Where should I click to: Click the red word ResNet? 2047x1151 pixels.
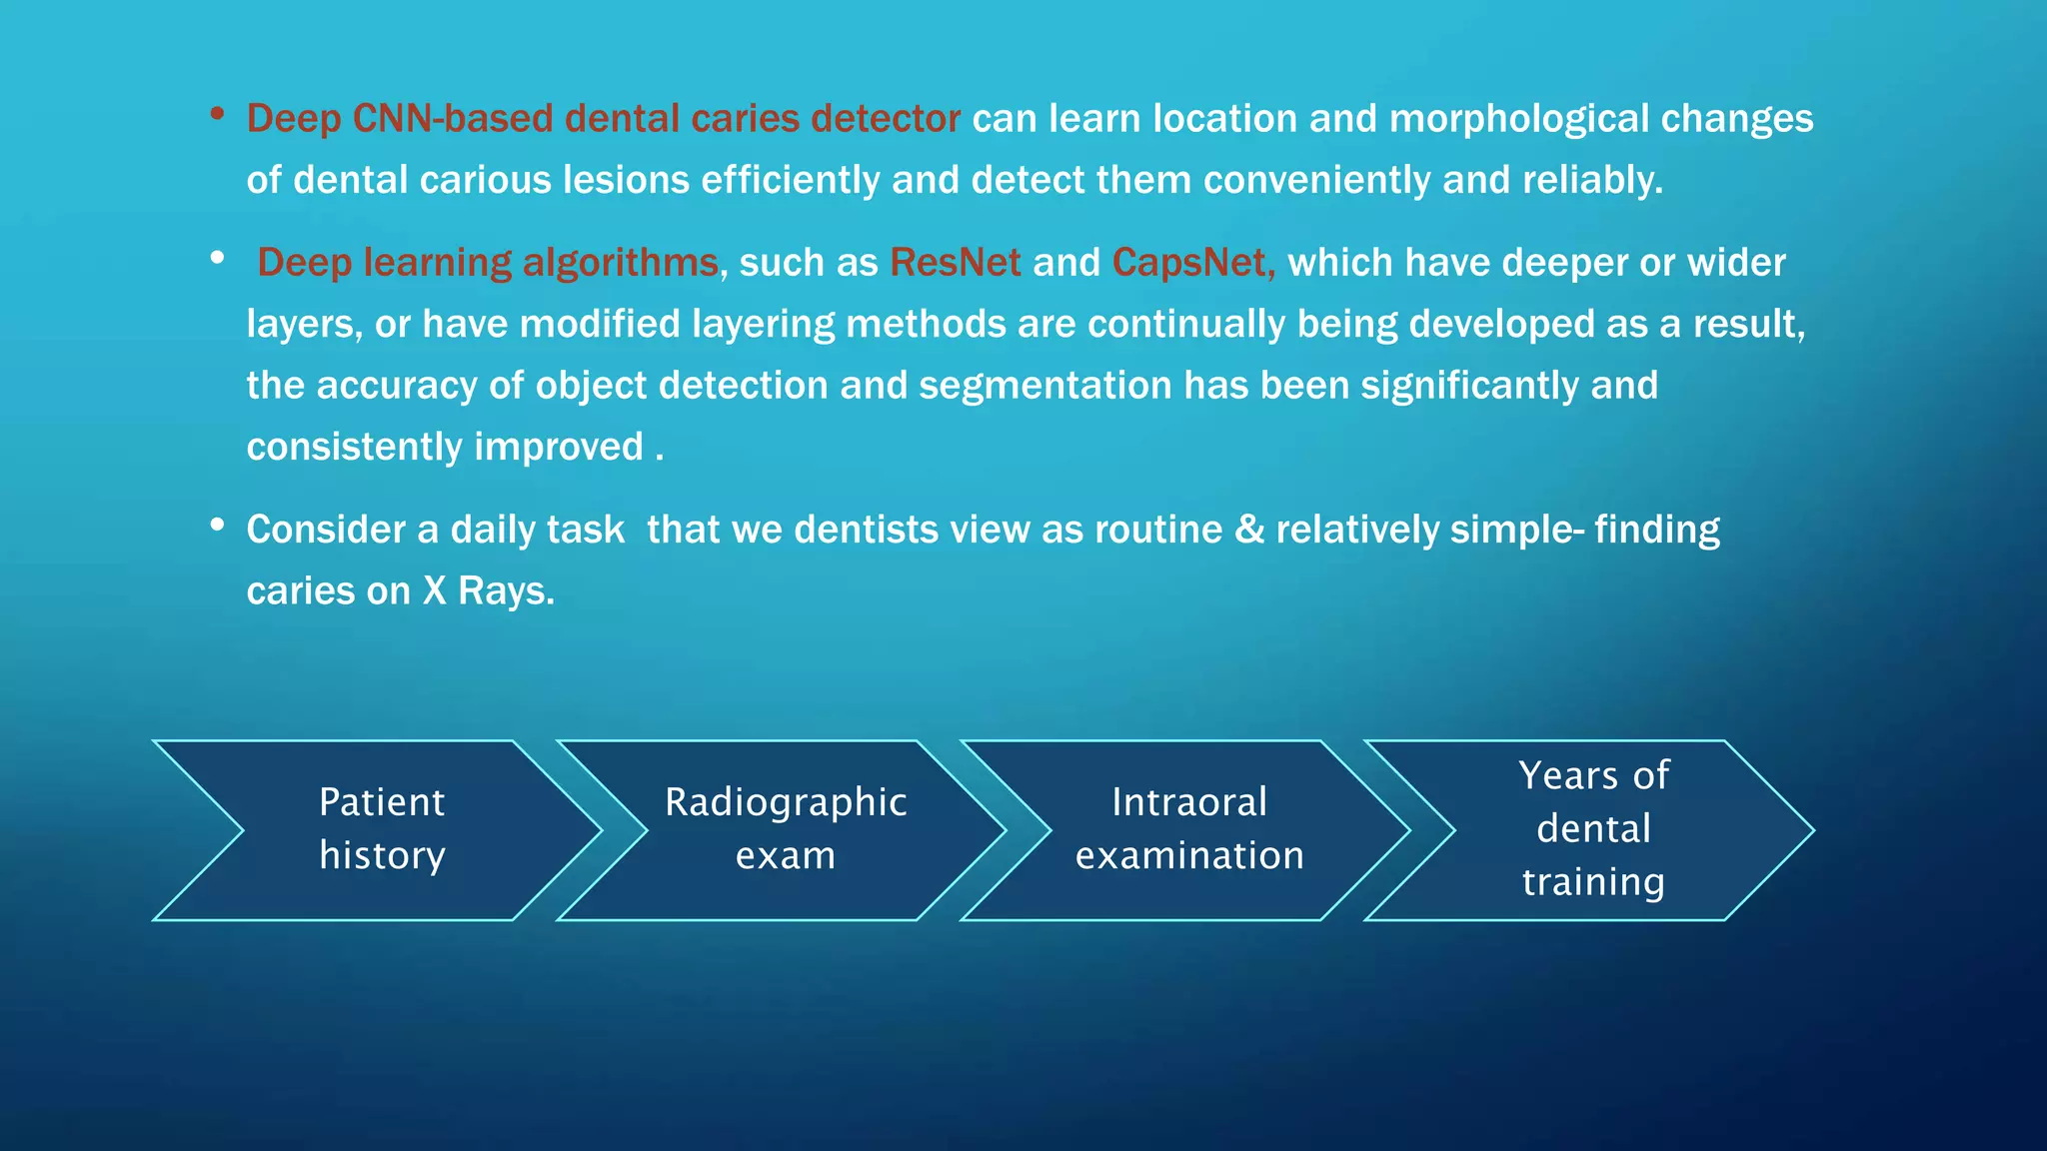[955, 263]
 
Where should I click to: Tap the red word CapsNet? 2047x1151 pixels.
[1189, 263]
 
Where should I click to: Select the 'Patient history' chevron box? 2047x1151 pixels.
[380, 829]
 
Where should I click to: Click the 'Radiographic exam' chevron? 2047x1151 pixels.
[785, 829]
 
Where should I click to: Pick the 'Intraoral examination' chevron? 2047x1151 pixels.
[1188, 829]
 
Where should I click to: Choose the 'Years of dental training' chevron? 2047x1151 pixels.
[1593, 829]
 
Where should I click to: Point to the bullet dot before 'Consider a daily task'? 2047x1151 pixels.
[217, 525]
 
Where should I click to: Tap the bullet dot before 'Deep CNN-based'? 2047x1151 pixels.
[217, 114]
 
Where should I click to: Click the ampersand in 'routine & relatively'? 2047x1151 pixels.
[1248, 530]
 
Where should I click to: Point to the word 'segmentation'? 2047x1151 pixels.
[1044, 386]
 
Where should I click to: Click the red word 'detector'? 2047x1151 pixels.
[885, 119]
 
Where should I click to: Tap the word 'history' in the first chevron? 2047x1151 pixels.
[382, 856]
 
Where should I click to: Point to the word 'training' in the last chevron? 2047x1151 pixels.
[1593, 882]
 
